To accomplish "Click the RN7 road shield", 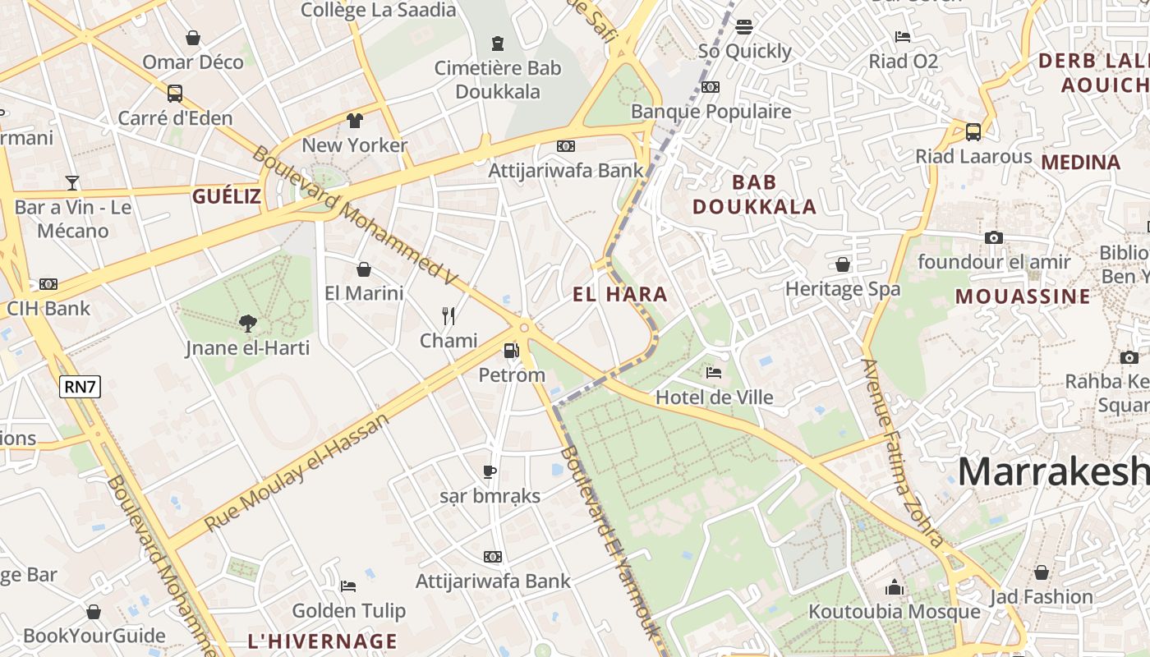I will [80, 386].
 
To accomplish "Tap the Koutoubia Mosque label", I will [894, 612].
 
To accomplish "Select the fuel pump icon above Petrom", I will [511, 351].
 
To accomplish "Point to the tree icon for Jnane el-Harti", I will [247, 324].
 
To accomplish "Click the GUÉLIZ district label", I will [227, 196].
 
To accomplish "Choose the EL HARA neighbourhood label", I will [620, 294].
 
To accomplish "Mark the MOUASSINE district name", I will [1023, 296].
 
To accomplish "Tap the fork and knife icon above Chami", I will [448, 316].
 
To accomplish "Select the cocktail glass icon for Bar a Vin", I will [72, 182].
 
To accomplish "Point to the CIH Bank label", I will [48, 309].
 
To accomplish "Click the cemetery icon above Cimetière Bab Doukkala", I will [497, 43].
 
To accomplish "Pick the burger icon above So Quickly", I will [744, 27].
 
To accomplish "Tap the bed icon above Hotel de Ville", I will [714, 373].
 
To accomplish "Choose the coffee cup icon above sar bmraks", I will [490, 471].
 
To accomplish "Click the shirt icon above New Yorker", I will [354, 121].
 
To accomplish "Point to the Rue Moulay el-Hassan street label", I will [296, 472].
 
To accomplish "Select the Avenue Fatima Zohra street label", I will [902, 453].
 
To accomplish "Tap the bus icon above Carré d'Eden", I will [174, 93].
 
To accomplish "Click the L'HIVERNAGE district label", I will [322, 641].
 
